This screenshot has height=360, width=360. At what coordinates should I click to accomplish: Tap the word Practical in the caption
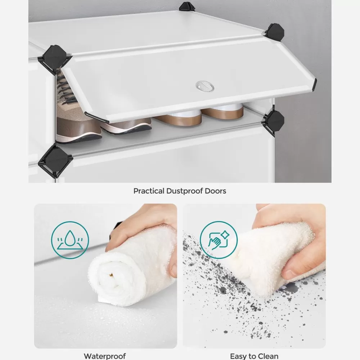tap(149, 191)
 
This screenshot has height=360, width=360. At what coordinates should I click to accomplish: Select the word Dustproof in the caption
tap(185, 191)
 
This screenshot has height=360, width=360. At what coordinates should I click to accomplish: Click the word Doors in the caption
tap(216, 191)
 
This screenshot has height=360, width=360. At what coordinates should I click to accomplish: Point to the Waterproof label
tap(105, 356)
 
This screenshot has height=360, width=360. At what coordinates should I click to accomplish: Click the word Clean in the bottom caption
tap(268, 356)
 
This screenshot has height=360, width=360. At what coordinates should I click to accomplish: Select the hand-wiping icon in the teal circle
tap(219, 240)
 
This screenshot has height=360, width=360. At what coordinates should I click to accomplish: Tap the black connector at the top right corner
tap(274, 32)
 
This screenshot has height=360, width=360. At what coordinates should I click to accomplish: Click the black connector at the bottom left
tap(55, 159)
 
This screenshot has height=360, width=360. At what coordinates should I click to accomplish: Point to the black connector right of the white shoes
tap(274, 122)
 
